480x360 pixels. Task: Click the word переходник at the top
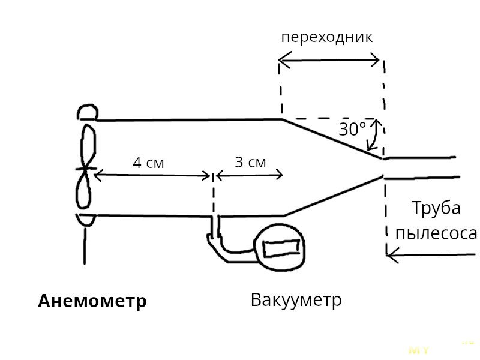[327, 37]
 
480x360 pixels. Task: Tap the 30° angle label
[352, 129]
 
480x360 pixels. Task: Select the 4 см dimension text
[148, 163]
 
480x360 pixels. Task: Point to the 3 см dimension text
[250, 162]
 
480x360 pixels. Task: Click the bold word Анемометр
[92, 301]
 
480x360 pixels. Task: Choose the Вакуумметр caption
[296, 299]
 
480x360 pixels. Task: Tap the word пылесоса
[436, 233]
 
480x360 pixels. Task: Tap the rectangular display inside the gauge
[281, 246]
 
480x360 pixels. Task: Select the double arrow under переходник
[329, 59]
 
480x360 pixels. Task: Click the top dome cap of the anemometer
[88, 112]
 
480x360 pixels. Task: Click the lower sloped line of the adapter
[333, 196]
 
